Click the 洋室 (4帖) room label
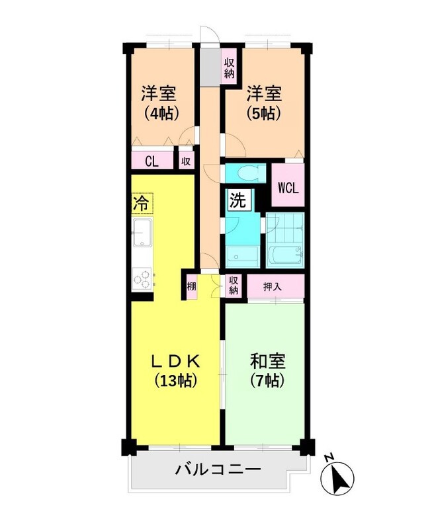point(161,102)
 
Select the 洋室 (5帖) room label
point(264,102)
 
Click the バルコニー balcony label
point(218,470)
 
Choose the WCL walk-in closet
point(288,187)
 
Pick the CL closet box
point(152,161)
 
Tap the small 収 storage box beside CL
point(186,161)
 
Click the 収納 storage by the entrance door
point(229,67)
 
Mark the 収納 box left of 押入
point(234,286)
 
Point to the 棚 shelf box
point(191,286)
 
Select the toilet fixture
point(245,173)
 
